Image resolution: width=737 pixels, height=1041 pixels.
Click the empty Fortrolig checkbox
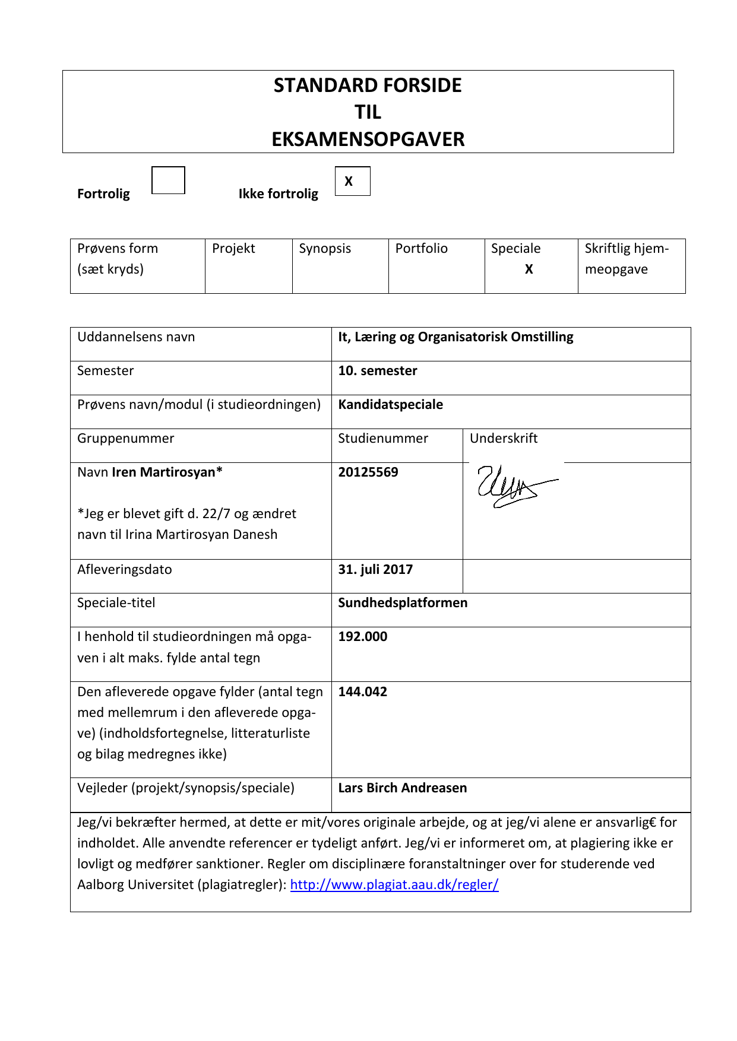168,180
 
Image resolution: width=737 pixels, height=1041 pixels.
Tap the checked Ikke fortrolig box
352,181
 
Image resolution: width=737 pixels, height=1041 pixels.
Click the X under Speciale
529,269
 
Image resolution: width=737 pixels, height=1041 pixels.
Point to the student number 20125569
368,472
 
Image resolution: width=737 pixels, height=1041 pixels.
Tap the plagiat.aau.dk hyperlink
394,885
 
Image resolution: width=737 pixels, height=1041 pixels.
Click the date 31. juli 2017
375,570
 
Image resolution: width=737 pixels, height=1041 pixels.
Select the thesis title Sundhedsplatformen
403,603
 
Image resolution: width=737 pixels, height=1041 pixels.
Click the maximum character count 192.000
362,637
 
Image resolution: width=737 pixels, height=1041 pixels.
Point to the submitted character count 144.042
362,692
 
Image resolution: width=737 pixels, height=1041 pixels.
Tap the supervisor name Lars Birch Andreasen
402,788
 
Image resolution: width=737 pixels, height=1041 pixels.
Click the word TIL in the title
368,112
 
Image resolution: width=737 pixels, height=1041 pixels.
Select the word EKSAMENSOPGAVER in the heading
368,139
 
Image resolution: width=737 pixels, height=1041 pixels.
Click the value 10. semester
377,371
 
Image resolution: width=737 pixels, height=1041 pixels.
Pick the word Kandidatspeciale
390,405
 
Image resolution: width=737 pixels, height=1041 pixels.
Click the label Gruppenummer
125,439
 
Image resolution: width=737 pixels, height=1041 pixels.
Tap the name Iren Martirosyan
166,472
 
